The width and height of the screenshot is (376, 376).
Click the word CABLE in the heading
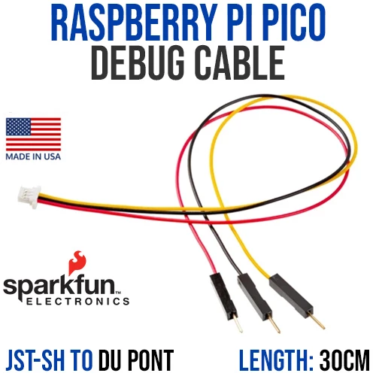pos(240,63)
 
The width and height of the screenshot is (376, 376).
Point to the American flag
pos(33,134)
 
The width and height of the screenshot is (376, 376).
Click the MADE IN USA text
pos(33,156)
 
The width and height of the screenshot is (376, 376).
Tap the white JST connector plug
pos(29,197)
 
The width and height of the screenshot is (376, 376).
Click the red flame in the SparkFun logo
pos(77,262)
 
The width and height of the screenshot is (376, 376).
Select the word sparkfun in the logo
pos(59,287)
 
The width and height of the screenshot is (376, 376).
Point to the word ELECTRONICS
pos(78,301)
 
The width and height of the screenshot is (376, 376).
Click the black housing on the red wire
pos(223,296)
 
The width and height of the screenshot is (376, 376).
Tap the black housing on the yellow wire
pos(291,294)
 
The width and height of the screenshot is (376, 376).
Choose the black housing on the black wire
pos(255,296)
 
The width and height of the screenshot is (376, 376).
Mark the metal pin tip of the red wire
pos(241,331)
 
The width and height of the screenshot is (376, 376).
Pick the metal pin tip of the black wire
pos(279,332)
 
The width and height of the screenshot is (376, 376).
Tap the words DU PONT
pos(136,360)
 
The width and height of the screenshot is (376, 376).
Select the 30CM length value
pos(344,360)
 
